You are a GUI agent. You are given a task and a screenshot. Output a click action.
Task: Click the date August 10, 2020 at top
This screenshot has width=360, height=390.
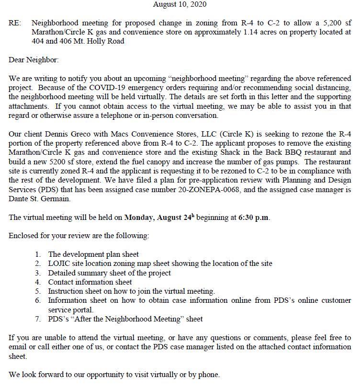click(180, 4)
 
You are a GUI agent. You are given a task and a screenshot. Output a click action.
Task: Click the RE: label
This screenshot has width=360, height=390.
click(15, 23)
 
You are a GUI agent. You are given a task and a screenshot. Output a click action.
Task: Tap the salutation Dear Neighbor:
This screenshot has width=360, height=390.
click(34, 60)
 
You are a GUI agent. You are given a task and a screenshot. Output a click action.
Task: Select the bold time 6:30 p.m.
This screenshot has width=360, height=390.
click(254, 217)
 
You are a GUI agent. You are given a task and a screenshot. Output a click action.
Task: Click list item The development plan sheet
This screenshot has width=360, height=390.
click(93, 254)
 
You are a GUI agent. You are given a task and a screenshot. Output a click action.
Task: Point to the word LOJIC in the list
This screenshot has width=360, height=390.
click(59, 264)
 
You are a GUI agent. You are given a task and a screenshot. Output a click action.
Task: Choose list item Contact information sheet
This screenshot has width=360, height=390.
click(90, 282)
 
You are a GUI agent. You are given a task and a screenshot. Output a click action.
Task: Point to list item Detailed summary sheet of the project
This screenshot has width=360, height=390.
click(110, 273)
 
